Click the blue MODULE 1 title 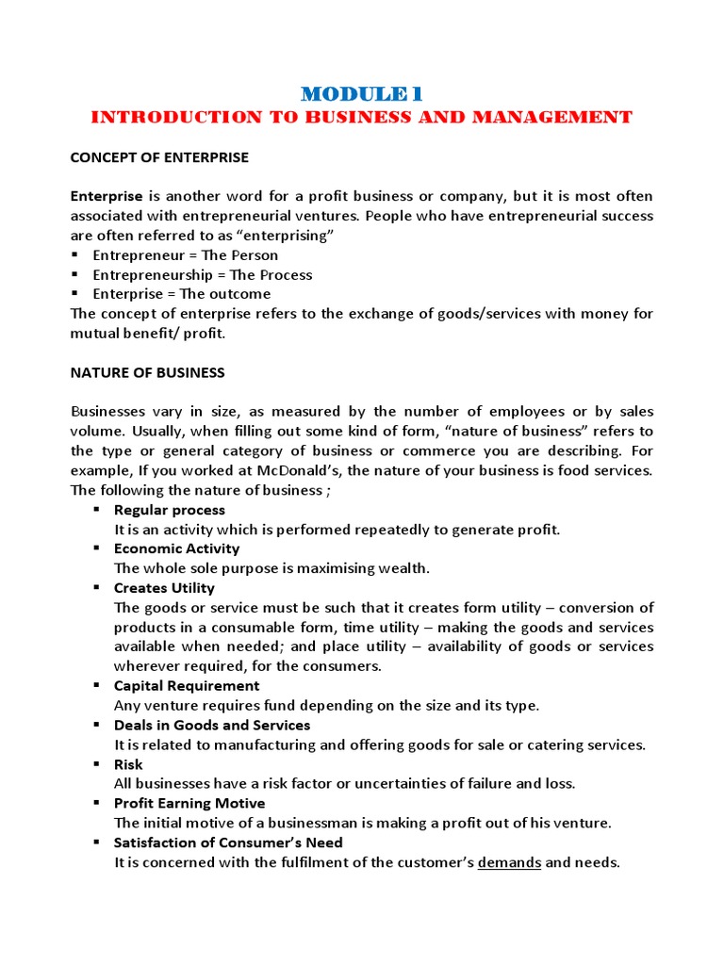pyautogui.click(x=362, y=93)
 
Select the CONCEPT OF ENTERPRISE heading pyautogui.click(x=159, y=157)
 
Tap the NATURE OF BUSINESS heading pyautogui.click(x=148, y=372)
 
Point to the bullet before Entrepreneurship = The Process pyautogui.click(x=74, y=275)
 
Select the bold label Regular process pyautogui.click(x=170, y=510)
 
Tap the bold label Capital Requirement pyautogui.click(x=186, y=686)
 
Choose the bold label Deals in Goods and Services pyautogui.click(x=211, y=726)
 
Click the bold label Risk pyautogui.click(x=128, y=764)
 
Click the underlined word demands pyautogui.click(x=509, y=862)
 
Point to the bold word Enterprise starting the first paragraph pyautogui.click(x=107, y=197)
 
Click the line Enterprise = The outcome pyautogui.click(x=181, y=295)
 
